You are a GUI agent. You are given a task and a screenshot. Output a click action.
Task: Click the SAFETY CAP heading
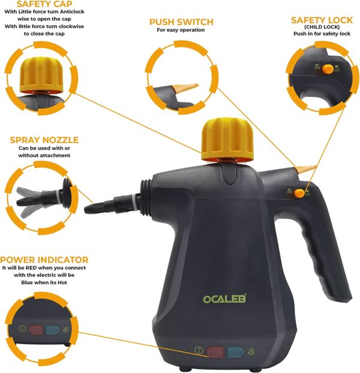point(44,4)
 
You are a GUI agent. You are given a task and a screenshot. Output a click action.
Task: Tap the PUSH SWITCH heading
point(181,22)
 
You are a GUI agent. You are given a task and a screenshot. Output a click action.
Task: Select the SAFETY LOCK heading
point(322,20)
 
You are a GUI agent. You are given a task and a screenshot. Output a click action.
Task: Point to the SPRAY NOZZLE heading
point(44,140)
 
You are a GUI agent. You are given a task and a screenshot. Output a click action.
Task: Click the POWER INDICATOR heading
point(44,259)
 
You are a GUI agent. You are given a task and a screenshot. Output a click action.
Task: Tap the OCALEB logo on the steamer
point(224,299)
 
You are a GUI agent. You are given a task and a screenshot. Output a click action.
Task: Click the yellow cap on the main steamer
point(227,139)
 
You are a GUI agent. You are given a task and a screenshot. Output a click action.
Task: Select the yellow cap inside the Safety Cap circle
point(41,74)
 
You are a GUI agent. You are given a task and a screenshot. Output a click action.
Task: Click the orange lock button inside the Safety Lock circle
point(328,69)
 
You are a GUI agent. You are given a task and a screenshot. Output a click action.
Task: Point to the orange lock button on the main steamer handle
point(299,193)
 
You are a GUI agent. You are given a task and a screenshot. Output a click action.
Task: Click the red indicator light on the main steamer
point(215,353)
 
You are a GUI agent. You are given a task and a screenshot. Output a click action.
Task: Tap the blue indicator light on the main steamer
point(235,353)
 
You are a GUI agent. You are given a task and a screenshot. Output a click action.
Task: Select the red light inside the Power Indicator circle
point(36,330)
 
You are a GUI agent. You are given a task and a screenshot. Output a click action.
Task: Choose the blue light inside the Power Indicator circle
point(53,330)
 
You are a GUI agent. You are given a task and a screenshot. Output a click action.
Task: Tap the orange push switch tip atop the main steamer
point(306,169)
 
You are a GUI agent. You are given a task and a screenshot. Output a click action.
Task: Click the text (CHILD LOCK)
point(322,27)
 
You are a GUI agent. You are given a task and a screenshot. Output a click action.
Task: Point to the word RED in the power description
point(31,268)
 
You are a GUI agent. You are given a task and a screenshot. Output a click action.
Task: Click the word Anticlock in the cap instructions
point(71,11)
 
